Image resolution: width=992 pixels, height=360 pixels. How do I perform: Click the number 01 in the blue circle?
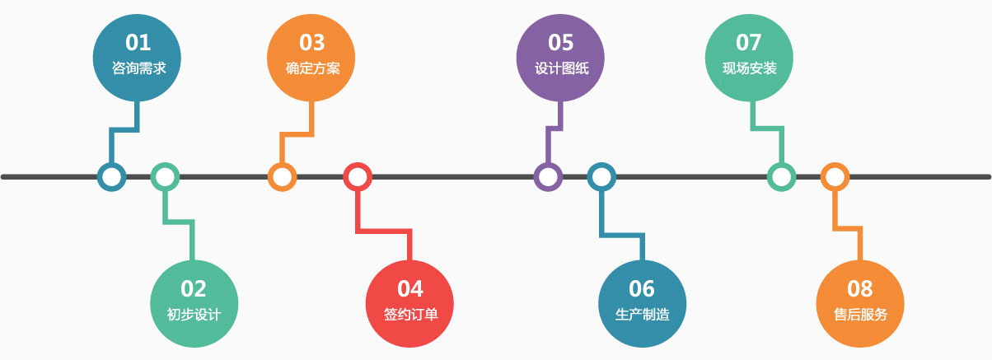pos(138,42)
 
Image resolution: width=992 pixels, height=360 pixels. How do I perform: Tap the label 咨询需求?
pos(138,68)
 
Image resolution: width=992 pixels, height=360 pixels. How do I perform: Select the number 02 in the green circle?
pos(194,288)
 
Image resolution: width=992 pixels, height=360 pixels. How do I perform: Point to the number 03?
pos(312,42)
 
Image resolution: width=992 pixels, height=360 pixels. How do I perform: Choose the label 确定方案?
pos(312,68)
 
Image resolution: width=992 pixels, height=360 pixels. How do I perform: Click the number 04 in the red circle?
pos(410,288)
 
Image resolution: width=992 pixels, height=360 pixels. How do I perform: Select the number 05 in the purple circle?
pos(560,42)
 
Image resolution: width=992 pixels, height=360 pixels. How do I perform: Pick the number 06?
pos(641,288)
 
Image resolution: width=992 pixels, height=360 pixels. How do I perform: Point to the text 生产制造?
pos(642,314)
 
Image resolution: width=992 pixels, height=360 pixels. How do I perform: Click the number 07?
pos(749,42)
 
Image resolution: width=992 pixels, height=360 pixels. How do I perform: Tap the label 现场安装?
pos(749,68)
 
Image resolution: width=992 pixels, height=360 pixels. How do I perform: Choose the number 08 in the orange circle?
pos(859,288)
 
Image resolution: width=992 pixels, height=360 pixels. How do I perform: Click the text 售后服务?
pos(860,314)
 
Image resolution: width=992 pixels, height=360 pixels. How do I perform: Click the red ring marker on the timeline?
pos(358,176)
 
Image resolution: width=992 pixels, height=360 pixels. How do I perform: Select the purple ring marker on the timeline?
pos(548,176)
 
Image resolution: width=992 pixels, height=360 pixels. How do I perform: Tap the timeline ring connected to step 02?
pos(165,176)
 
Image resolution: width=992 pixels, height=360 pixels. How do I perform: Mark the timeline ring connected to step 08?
pos(835,176)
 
